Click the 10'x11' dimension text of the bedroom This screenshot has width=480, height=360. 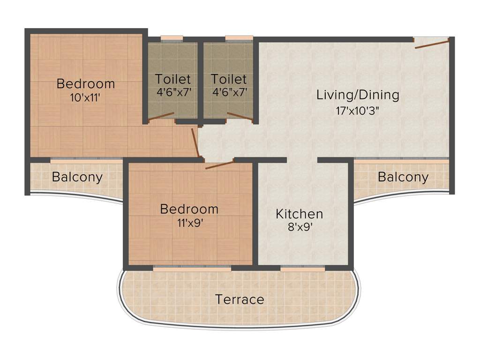[85, 98]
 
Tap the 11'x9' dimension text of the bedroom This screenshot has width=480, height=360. [189, 223]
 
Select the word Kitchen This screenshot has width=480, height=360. [299, 214]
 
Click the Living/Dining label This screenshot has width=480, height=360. [358, 95]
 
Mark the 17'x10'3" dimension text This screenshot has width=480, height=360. [358, 111]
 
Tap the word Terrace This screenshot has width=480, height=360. [240, 299]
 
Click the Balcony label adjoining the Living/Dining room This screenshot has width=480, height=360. [403, 177]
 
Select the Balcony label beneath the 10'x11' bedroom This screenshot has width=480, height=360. [77, 177]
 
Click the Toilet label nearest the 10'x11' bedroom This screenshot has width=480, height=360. [173, 78]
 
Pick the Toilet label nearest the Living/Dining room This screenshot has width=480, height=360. [229, 78]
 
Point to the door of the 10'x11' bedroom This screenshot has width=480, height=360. [195, 142]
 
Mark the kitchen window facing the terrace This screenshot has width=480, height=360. [302, 269]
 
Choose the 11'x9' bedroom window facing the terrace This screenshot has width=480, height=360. [192, 269]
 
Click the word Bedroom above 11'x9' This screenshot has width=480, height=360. [189, 209]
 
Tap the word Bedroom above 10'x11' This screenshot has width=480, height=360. [85, 84]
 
